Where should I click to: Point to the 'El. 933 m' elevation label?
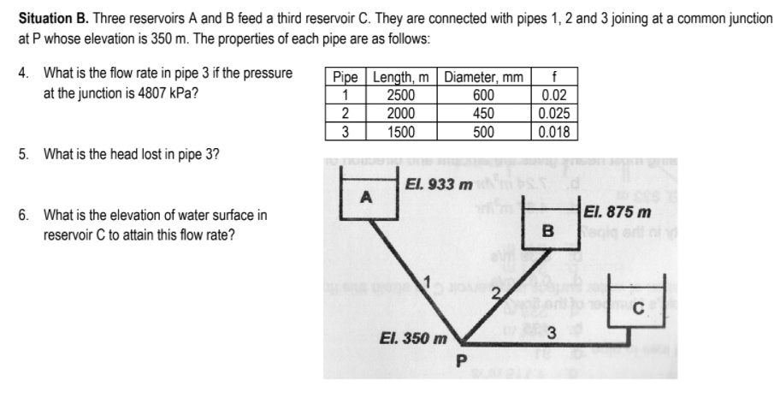440,185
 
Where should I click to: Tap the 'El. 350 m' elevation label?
413,338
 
